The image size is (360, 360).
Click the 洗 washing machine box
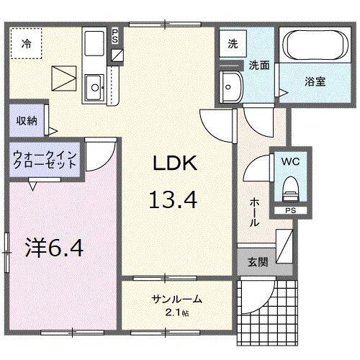pyautogui.click(x=233, y=42)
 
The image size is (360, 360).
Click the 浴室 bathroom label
pyautogui.click(x=315, y=81)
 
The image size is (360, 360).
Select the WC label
pyautogui.click(x=292, y=161)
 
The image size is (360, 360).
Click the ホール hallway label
pyautogui.click(x=254, y=213)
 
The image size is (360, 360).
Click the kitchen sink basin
pyautogui.click(x=94, y=89)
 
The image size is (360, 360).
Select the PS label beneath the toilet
pyautogui.click(x=290, y=211)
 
